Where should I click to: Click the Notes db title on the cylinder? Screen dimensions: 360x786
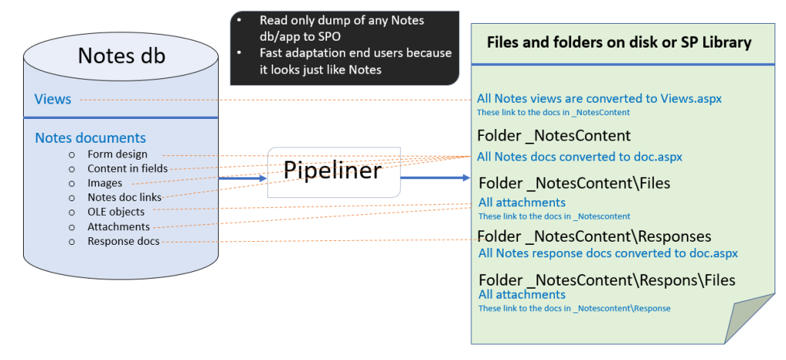pos(121,56)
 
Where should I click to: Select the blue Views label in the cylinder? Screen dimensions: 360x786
pos(53,99)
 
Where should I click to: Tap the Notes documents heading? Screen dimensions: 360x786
pos(90,138)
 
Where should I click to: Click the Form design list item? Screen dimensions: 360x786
pos(117,154)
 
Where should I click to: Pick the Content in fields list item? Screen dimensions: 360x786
pos(127,168)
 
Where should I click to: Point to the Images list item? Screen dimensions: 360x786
pos(104,183)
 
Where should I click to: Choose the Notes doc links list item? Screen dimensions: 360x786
pos(124,197)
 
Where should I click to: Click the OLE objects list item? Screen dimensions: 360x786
pos(116,212)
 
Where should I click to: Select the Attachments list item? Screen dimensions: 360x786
pos(118,226)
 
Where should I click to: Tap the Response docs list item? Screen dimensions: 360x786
pos(124,241)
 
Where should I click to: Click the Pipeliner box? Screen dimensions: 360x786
pos(334,171)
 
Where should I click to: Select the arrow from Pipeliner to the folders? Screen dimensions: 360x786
pos(434,178)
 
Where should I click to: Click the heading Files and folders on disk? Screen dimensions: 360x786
pos(619,42)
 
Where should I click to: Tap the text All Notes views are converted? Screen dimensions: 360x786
pos(599,99)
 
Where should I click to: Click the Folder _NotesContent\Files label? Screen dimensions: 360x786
pos(574,183)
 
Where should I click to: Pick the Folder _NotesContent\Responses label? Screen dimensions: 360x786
pos(594,236)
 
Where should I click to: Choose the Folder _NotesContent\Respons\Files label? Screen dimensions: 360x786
pos(606,280)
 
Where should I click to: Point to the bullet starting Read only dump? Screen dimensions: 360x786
pos(342,27)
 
